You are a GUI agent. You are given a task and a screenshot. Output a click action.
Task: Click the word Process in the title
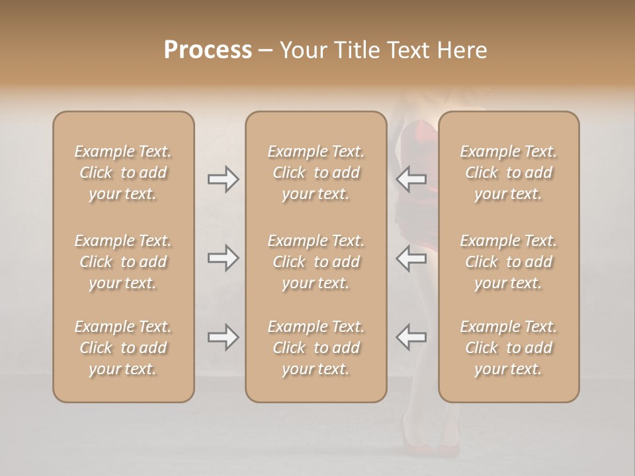coord(208,50)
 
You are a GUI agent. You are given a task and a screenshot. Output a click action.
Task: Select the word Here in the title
coord(462,50)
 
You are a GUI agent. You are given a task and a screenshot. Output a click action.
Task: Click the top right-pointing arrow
coord(223,179)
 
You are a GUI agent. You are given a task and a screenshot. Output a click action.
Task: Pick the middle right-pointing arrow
coord(223,258)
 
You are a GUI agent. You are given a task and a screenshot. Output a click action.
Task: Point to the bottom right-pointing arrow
coord(223,337)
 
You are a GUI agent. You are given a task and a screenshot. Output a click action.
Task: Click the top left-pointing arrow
coord(411,179)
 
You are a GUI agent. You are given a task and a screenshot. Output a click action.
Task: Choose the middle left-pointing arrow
coord(411,258)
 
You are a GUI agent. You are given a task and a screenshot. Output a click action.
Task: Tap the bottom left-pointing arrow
coord(411,337)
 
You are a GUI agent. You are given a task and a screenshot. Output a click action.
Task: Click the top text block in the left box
coord(123,173)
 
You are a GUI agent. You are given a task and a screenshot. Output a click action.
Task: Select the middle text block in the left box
coord(123,262)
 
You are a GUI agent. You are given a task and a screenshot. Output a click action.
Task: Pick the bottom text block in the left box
coord(123,348)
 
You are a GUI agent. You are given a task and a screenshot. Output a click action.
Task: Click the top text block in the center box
coord(316,173)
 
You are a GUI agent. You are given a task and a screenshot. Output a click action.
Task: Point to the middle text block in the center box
coord(316,262)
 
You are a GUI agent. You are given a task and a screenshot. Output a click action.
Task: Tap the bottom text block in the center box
coord(316,348)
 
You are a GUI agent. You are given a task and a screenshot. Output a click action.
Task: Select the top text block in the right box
coord(509,173)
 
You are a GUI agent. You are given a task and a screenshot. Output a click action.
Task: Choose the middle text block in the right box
coord(509,262)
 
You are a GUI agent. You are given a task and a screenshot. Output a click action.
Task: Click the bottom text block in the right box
coord(509,348)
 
